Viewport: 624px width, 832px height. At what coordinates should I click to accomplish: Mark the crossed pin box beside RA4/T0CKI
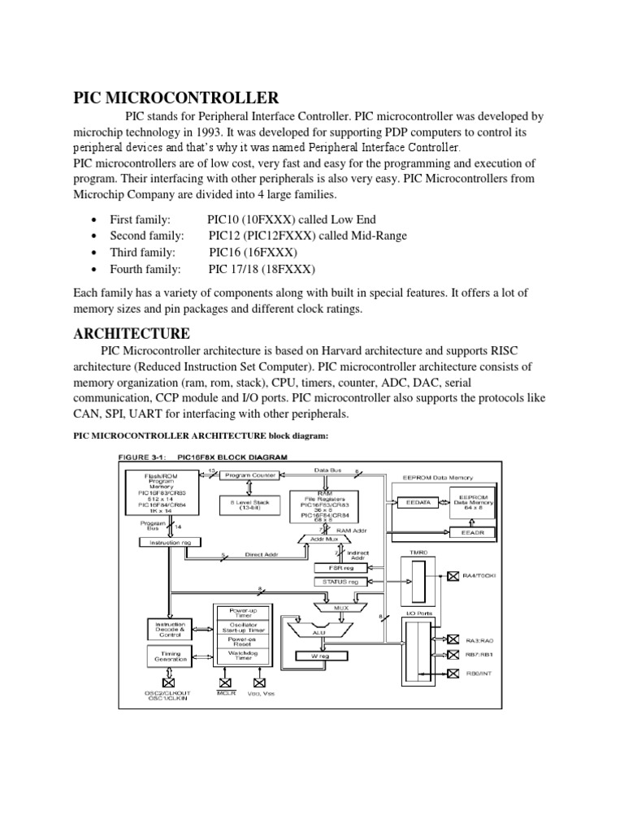[453, 576]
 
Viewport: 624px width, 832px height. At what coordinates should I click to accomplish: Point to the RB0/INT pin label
[479, 673]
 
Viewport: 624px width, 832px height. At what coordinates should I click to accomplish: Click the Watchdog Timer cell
[239, 654]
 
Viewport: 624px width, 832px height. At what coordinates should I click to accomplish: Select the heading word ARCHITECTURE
[132, 334]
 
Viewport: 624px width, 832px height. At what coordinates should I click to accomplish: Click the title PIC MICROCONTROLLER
[175, 99]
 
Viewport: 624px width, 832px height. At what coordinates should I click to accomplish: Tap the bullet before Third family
[95, 253]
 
